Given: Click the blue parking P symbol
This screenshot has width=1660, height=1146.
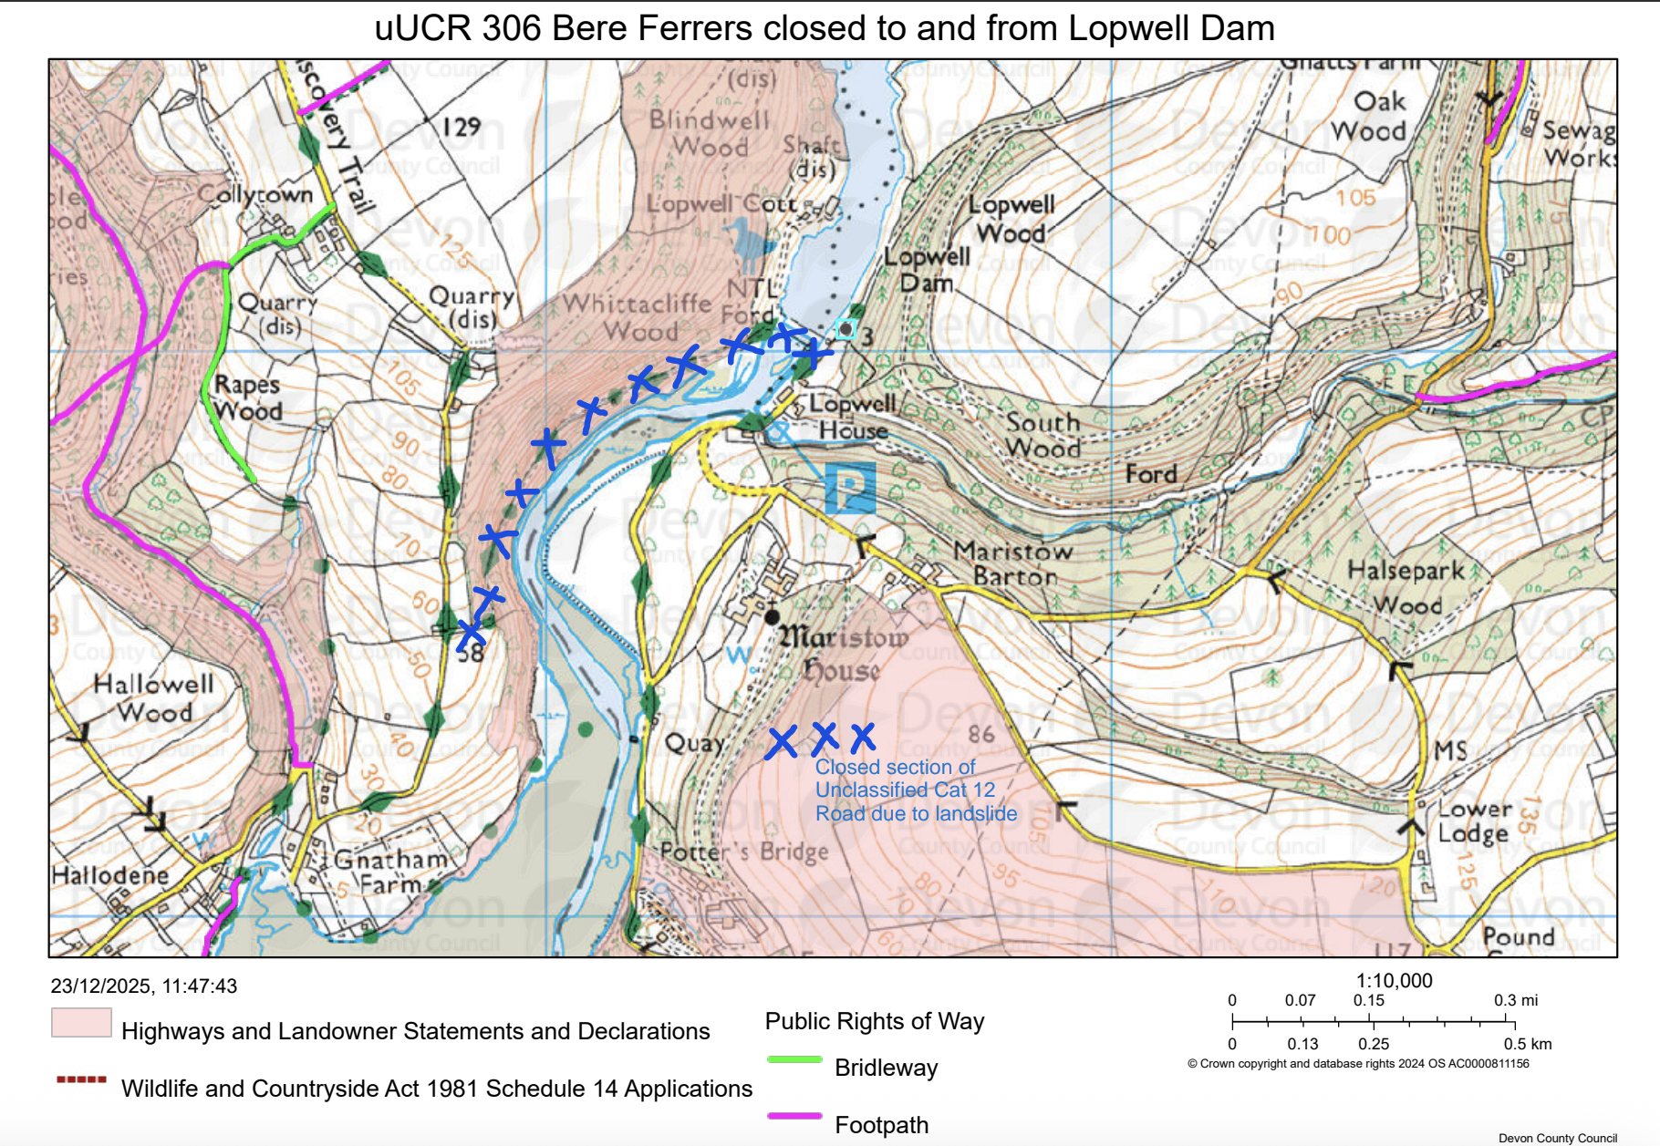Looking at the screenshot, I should point(850,487).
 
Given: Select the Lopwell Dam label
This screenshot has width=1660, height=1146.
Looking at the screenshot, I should point(927,270).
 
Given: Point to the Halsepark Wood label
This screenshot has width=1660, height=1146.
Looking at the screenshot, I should point(1406,587).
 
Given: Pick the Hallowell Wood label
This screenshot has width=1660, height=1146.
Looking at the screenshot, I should point(153,697).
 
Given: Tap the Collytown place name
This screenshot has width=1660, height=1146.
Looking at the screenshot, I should point(255,195).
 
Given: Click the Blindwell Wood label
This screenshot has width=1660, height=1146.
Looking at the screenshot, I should point(710,133).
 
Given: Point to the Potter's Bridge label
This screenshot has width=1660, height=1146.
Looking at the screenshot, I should point(744,852).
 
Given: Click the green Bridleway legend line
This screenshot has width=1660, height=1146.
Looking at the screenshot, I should point(794,1059).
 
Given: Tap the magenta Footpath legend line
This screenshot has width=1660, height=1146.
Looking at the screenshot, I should point(794,1116).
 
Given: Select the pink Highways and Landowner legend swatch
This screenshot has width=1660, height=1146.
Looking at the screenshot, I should point(81,1023).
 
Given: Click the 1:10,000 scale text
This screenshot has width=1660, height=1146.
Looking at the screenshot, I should point(1394,981).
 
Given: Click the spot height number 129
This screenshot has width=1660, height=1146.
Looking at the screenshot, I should point(461,127).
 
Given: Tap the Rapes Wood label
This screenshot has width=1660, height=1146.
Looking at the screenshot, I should point(247,397).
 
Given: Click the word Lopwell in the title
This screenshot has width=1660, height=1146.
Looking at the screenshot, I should point(1126,28).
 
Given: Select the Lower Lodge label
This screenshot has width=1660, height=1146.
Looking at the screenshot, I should point(1474,821).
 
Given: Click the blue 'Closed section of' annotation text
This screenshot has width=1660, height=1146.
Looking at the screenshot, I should point(895,768).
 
